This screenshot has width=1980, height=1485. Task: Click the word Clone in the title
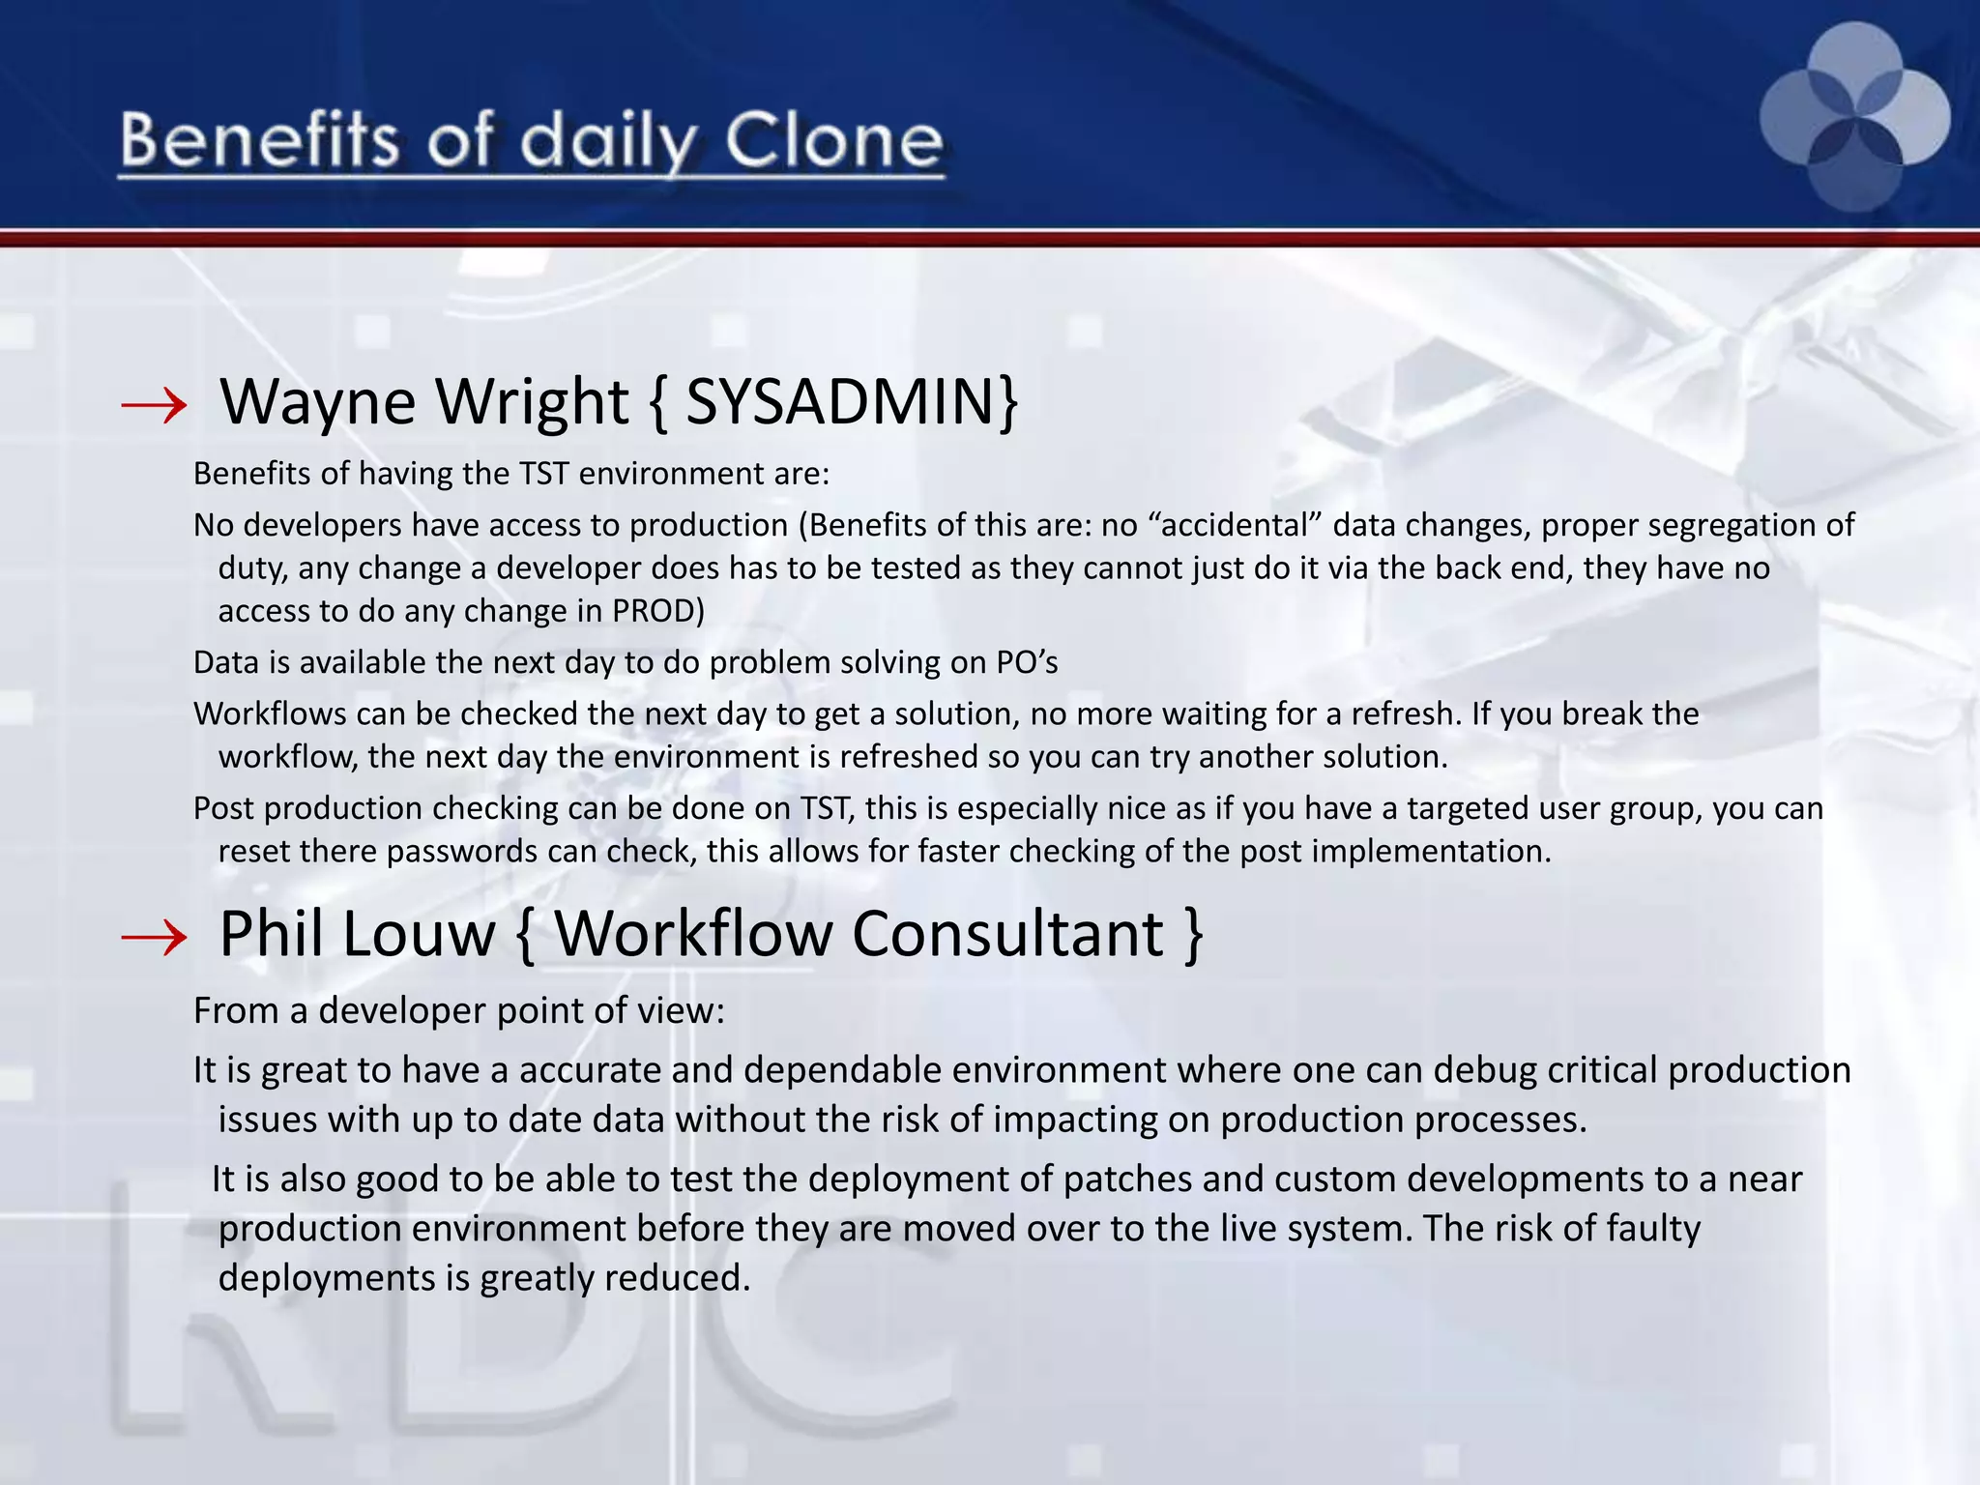click(833, 141)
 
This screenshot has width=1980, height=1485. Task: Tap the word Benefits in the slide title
click(259, 141)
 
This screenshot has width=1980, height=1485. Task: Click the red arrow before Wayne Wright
click(155, 405)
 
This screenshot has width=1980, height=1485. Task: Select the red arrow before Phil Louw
click(155, 937)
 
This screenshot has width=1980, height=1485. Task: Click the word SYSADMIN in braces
click(839, 401)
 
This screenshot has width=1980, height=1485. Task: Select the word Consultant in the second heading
click(1008, 934)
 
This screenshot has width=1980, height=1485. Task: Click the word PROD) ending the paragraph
click(658, 611)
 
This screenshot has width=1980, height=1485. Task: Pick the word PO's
click(1027, 662)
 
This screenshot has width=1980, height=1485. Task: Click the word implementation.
click(1431, 852)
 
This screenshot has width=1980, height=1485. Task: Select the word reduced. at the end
click(677, 1278)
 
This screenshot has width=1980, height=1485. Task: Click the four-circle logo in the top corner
click(1854, 117)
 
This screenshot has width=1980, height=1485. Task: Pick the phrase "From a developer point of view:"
click(459, 1011)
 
